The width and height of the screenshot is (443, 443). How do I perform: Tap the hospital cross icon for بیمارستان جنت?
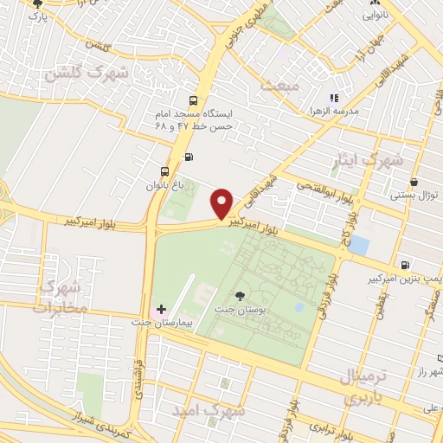click(161, 309)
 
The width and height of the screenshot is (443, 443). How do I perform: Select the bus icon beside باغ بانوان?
click(165, 170)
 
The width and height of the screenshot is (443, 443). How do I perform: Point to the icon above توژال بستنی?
click(414, 183)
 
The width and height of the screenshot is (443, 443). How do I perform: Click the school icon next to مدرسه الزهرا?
click(334, 99)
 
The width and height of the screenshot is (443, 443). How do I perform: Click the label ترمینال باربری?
click(363, 388)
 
